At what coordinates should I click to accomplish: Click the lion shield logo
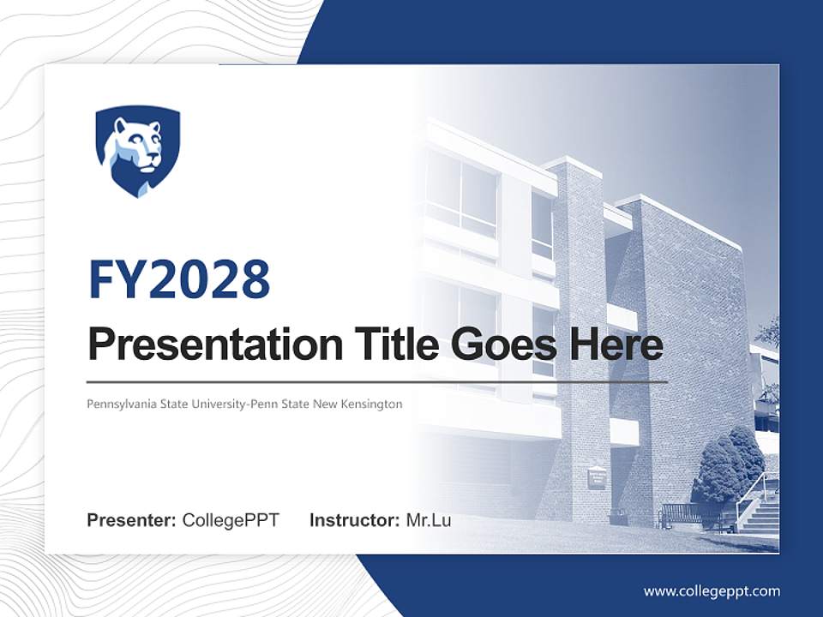[x=137, y=151]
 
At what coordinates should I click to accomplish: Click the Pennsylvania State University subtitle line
[x=244, y=403]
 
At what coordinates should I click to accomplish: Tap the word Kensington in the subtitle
[x=371, y=403]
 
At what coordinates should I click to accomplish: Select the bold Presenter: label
[x=132, y=520]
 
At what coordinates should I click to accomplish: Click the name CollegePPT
[x=231, y=520]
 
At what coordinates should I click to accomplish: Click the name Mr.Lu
[x=429, y=520]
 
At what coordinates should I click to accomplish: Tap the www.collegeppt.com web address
[x=712, y=591]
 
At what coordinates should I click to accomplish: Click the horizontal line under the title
[x=377, y=381]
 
